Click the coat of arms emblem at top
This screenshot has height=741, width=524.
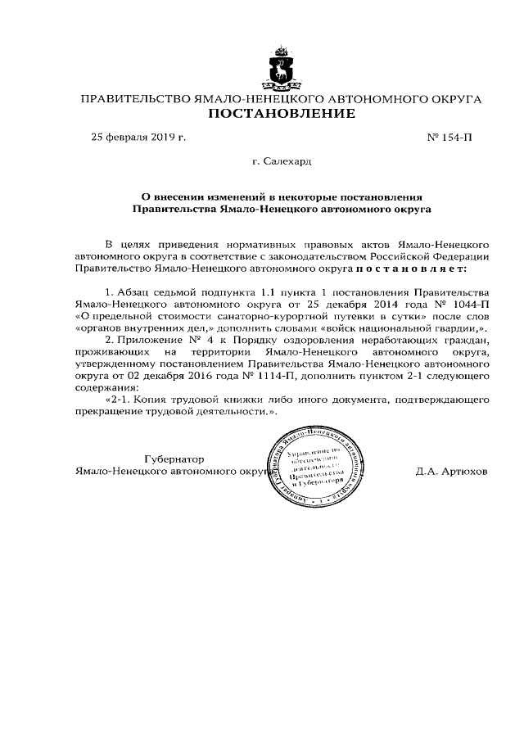281,67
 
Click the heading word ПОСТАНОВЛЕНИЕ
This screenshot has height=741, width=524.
281,114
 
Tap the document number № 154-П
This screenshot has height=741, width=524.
449,137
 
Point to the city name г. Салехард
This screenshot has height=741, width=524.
282,162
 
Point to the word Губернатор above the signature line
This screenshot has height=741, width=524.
174,459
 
